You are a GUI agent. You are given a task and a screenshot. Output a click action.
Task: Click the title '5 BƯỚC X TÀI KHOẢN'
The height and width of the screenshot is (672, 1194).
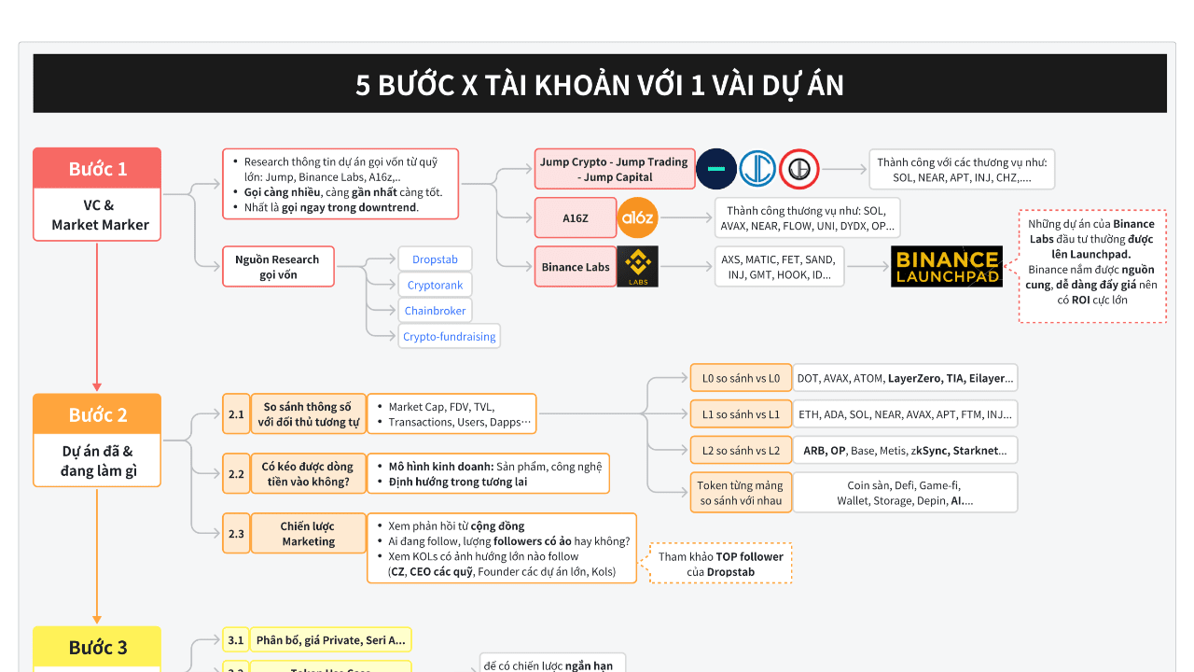coord(599,84)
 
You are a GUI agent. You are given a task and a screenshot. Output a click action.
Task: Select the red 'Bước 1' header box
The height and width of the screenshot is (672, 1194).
coord(97,169)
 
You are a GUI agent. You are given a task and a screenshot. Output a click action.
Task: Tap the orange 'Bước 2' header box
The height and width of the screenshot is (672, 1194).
coord(97,414)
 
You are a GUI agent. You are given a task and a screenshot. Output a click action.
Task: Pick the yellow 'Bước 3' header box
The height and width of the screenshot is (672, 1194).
coord(97,647)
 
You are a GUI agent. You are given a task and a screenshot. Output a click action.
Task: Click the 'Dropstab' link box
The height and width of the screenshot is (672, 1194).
coord(434,259)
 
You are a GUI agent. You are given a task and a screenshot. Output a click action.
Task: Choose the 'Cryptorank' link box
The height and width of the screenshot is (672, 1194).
coord(434,285)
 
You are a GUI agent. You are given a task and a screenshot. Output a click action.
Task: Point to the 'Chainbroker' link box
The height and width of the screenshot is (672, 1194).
coord(435,311)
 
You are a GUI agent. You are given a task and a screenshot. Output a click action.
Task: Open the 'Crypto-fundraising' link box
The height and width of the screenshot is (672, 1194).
coord(449,336)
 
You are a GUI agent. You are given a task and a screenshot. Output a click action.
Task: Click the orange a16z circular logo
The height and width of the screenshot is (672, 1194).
coord(638,218)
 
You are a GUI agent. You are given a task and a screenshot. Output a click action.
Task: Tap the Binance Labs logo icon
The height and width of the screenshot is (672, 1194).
coord(638,267)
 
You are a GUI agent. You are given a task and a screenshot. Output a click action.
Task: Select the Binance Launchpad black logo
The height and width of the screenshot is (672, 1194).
coord(946,267)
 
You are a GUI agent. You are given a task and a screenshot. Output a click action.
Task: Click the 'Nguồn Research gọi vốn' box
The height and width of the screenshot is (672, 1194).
coord(277,267)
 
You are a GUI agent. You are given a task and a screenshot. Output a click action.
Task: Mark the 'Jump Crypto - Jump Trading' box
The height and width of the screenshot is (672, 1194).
coord(613,169)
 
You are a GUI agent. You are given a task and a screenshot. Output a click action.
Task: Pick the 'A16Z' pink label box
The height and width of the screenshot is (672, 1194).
coord(575,218)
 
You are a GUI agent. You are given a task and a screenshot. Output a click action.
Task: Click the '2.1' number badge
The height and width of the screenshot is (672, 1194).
coord(236,413)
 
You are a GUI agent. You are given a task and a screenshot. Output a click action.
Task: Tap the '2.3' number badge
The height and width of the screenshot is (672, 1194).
coord(236,534)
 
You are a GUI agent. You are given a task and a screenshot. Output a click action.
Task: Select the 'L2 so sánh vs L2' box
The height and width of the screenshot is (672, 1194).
coord(741,451)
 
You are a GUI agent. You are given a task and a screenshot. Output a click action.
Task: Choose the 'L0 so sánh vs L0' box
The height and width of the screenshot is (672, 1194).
coord(741,378)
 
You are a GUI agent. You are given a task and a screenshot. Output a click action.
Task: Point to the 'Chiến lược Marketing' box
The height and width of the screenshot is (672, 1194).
coord(308,534)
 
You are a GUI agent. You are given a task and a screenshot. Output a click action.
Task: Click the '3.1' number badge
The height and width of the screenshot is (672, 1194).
coord(236,640)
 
